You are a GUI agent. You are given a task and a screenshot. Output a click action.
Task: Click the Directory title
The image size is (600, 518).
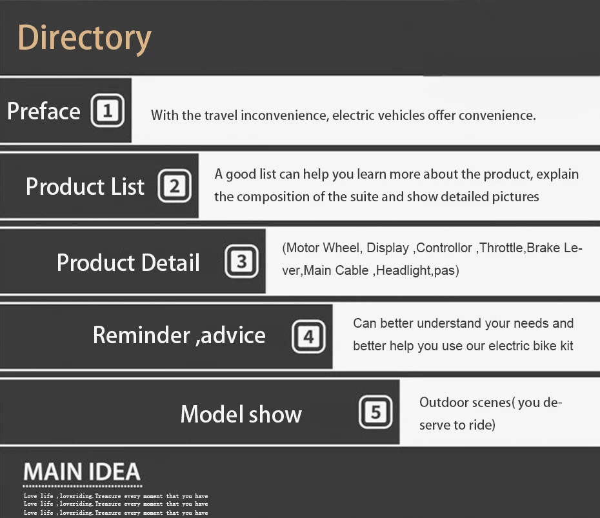[x=85, y=38]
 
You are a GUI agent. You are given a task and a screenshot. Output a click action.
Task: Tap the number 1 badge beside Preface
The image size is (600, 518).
[x=108, y=110]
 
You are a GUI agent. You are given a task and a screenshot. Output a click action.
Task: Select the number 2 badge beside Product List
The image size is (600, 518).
[x=174, y=186]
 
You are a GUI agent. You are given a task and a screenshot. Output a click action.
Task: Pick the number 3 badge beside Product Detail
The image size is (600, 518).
[x=241, y=261]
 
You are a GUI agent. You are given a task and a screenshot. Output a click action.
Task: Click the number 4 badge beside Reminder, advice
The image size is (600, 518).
[x=308, y=337]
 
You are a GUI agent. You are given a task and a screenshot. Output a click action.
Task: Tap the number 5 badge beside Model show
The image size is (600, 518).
[x=375, y=412]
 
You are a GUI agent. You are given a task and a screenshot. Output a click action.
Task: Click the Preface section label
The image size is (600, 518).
[x=44, y=111]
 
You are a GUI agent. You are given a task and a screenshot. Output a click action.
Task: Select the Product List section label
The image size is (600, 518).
[x=85, y=186]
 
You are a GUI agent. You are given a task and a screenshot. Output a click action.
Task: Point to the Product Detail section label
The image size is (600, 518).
[x=128, y=263]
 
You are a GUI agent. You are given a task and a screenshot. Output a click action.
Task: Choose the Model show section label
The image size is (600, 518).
[x=241, y=414]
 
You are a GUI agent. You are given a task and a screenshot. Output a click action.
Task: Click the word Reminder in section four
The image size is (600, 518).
[x=141, y=335]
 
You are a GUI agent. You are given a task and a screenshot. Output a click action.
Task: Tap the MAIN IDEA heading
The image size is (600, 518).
[x=82, y=472]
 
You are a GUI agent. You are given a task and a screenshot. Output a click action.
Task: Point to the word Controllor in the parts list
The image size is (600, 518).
[x=444, y=248]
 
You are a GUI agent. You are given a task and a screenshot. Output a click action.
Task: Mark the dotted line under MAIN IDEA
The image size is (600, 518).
[x=83, y=486]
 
